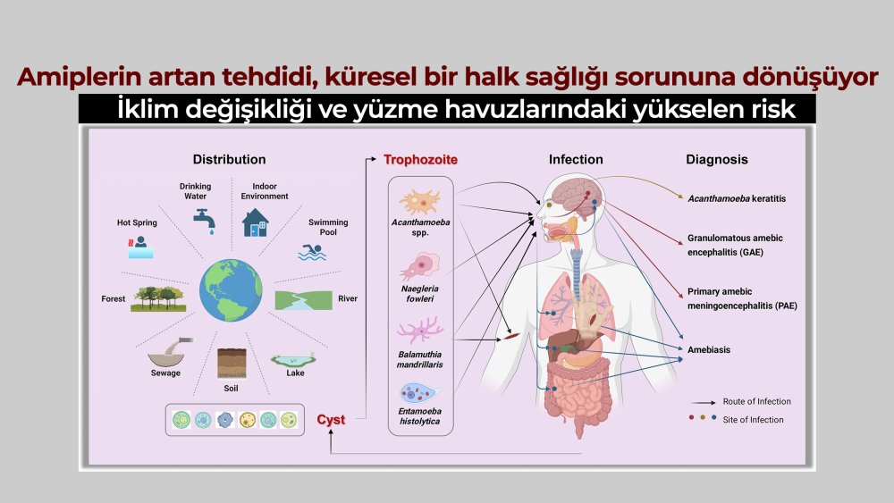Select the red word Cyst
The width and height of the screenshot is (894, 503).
331,419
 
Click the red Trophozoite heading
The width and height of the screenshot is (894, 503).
420,160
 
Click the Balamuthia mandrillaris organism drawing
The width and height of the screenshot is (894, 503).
419,330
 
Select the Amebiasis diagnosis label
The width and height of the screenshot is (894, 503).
709,349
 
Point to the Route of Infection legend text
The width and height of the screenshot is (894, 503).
756,401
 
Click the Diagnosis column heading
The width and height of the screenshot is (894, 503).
717,160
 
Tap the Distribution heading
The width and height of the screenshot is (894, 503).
229,160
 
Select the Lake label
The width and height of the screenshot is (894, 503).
295,373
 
